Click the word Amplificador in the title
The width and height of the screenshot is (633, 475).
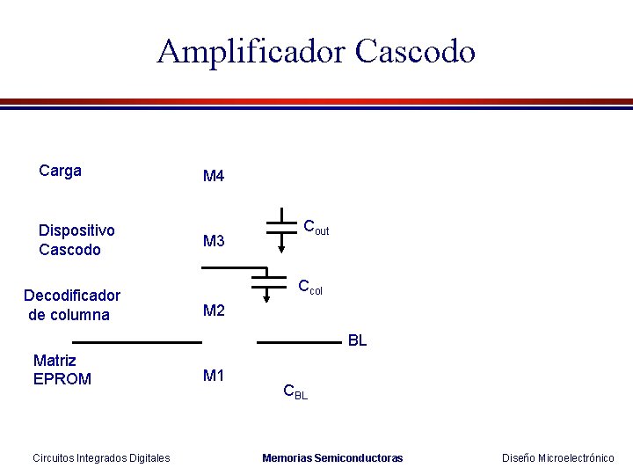pyautogui.click(x=251, y=52)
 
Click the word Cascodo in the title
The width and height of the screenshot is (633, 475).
pyautogui.click(x=415, y=52)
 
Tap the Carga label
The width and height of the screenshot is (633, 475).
pyautogui.click(x=61, y=171)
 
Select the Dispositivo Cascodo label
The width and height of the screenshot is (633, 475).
pyautogui.click(x=76, y=240)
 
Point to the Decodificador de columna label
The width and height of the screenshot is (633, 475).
pyautogui.click(x=71, y=305)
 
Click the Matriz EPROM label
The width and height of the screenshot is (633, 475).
pyautogui.click(x=62, y=369)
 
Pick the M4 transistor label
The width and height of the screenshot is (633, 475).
pyautogui.click(x=214, y=177)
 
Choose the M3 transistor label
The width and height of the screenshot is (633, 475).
pyautogui.click(x=214, y=241)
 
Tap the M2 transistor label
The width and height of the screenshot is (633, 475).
pyautogui.click(x=214, y=311)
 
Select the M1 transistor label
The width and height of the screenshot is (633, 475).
pyautogui.click(x=214, y=376)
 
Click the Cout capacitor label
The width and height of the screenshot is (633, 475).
pyautogui.click(x=316, y=228)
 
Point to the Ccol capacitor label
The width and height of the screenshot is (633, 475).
pyautogui.click(x=310, y=287)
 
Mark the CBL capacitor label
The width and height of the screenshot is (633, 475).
pyautogui.click(x=295, y=391)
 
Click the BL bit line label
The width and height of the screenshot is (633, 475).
pyautogui.click(x=357, y=340)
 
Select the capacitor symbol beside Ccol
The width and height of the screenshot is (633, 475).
pyautogui.click(x=270, y=281)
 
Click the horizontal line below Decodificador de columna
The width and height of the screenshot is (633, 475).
pyautogui.click(x=131, y=340)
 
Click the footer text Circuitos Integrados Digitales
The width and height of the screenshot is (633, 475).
pyautogui.click(x=101, y=457)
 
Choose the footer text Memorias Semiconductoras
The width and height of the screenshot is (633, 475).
pyautogui.click(x=332, y=457)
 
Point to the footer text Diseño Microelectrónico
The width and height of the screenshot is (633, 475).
pyautogui.click(x=557, y=457)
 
